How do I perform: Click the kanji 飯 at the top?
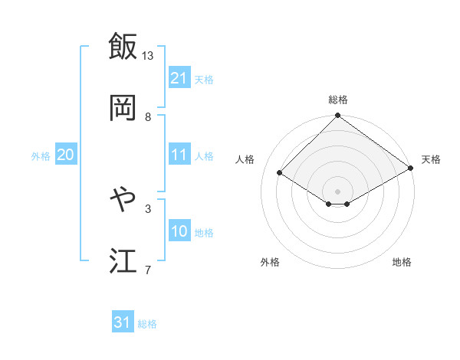123,46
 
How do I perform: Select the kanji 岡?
123,108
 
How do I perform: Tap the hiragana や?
123,200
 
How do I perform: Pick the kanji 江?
123,261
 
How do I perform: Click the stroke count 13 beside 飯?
148,56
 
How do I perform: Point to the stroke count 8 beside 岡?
148,117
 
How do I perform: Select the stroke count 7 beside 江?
148,270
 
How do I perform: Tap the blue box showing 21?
179,78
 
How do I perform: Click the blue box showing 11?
179,155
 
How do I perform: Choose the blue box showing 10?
179,231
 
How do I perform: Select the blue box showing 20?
66,155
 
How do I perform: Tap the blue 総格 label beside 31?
147,324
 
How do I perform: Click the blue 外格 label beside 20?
41,155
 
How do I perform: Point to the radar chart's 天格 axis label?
431,159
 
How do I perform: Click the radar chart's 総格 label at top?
337,100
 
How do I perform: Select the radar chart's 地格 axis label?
402,262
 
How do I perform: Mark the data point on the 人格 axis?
280,173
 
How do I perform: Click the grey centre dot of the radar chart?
337,191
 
